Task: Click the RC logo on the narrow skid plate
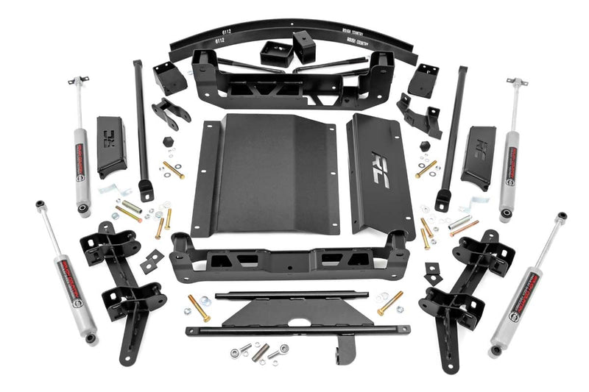tap(380, 160)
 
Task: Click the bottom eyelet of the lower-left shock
tap(90, 338)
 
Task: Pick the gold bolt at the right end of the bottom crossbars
tap(389, 302)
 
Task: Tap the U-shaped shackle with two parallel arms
tap(170, 112)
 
